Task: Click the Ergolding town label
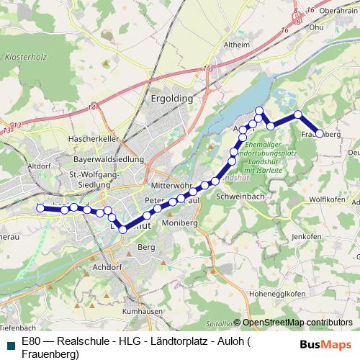(x=171, y=97)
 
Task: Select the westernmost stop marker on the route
(x=40, y=209)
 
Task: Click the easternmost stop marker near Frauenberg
(x=320, y=133)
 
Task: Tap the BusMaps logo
(x=325, y=343)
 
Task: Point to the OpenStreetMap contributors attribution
(x=297, y=323)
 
